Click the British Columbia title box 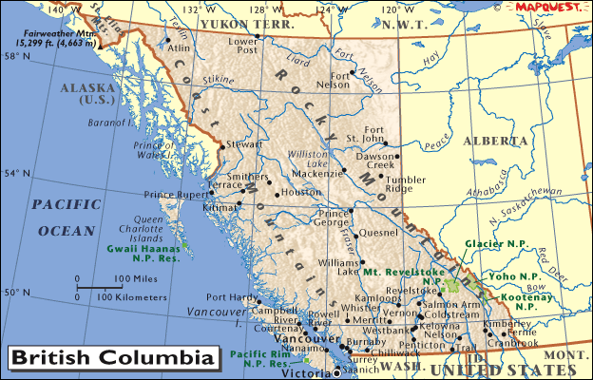(111, 359)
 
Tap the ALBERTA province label (494, 141)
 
